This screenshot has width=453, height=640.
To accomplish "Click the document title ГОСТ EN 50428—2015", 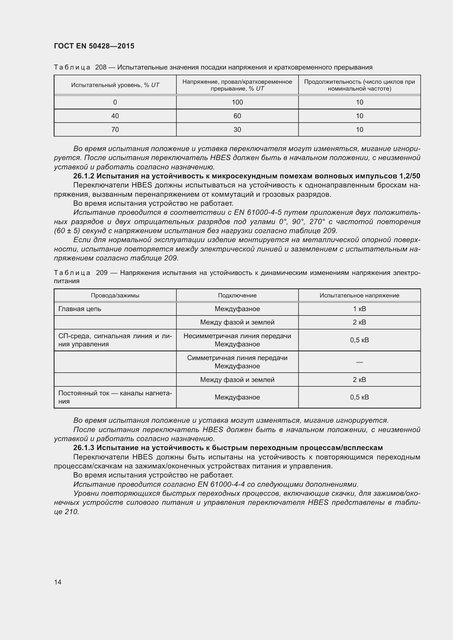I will coord(94,46).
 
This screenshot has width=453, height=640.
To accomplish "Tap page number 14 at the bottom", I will coord(58,582).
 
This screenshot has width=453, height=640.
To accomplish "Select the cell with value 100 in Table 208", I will coord(237,102).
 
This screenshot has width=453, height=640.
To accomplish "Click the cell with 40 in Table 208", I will coord(115,116).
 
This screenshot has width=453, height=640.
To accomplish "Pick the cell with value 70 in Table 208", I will coord(115,130).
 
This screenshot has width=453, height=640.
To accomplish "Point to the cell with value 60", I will coord(237,116).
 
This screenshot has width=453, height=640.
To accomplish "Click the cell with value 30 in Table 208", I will coord(237,130).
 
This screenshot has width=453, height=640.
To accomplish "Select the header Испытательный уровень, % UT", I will coord(115,85).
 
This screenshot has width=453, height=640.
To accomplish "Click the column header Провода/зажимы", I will coord(115,296).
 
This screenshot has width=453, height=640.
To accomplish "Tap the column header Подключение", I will coord(237,296).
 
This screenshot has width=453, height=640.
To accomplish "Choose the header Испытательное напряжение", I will coord(359,296).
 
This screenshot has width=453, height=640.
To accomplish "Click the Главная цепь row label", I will coord(80,309).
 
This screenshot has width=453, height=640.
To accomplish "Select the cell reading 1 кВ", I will coord(359,309).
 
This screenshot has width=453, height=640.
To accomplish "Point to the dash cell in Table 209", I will coord(359,362).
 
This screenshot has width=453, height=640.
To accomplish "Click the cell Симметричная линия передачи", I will coord(237,358).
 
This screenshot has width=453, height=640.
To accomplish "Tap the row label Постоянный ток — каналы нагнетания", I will coord(115,397).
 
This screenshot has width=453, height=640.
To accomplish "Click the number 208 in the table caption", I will coord(101,68).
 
